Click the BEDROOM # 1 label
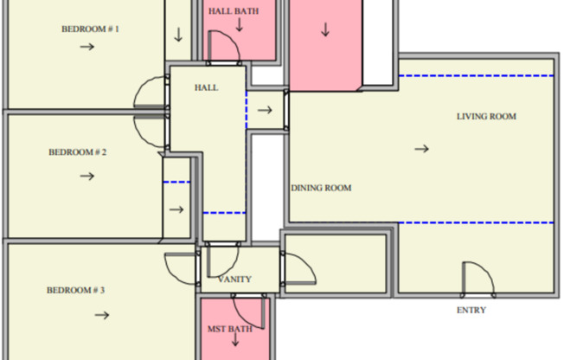coord(90,29)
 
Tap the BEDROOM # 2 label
coord(77,152)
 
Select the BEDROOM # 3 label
coord(75,290)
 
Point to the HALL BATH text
coord(234,11)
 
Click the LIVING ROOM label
coord(486,117)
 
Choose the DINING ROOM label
coord(321,188)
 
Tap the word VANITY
coord(234,280)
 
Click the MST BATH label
coord(230,329)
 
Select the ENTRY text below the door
coord(471,310)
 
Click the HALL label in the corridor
coord(206,88)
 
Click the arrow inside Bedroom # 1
coord(87,47)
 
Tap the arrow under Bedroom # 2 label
coord(87,176)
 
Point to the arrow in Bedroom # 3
coord(102,315)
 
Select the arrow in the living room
coord(421,148)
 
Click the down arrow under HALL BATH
coord(239,24)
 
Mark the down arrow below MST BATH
coord(235,339)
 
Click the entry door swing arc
coord(485,270)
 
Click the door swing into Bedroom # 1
coord(138,88)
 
